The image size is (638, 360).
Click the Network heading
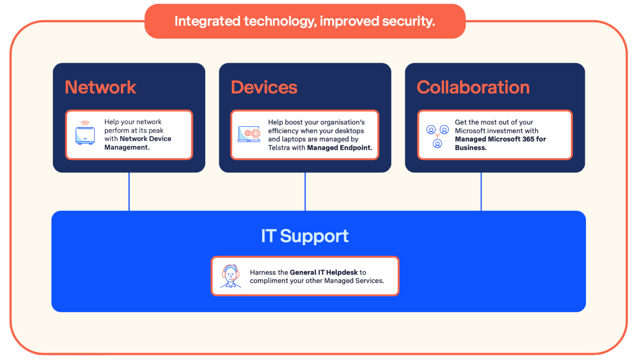pos(101,87)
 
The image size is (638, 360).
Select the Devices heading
pos(264,87)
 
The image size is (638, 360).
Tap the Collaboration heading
pos(473,87)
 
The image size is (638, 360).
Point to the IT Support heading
pos(305,236)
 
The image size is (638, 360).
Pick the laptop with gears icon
pos(249,134)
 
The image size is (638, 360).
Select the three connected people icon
pos(437,136)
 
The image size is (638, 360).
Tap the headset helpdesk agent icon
pos(230,276)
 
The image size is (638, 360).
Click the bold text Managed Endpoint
pos(339,147)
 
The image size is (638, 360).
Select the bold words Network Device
pos(145,139)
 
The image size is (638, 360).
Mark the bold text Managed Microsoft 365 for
pos(500,139)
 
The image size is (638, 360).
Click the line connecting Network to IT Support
pos(129,192)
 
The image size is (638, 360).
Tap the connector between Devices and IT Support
pos(305,192)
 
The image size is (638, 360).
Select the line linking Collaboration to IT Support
pos(481,192)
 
